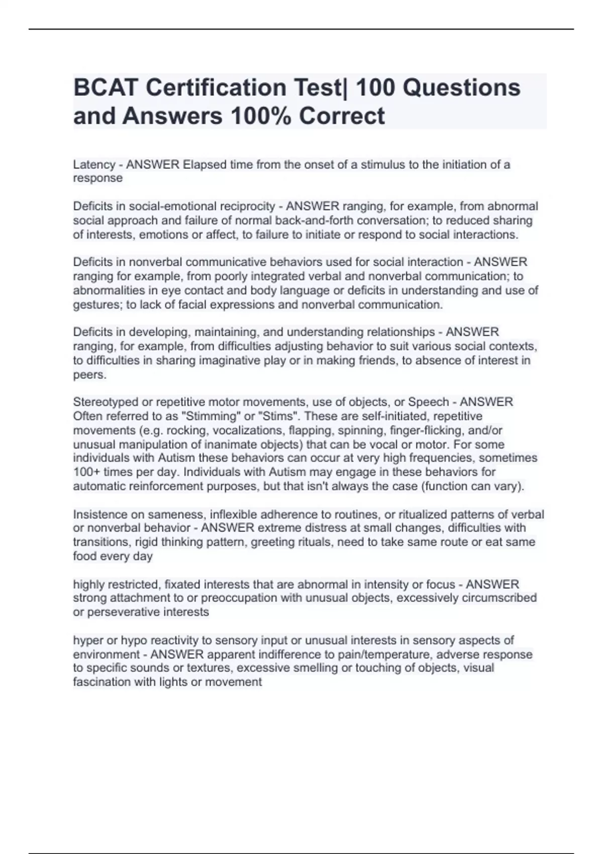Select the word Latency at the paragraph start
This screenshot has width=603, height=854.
[94, 165]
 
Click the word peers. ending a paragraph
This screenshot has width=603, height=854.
[89, 374]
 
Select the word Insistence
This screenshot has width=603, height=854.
[100, 514]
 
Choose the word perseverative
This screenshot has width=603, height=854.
[122, 612]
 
